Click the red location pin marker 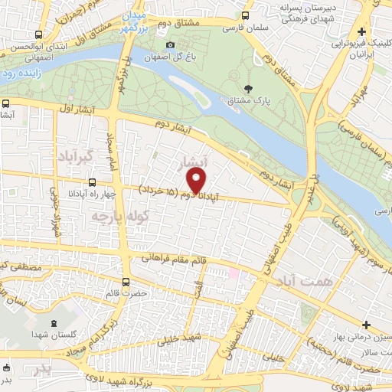pyautogui.click(x=197, y=180)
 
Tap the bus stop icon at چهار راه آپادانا pyautogui.click(x=93, y=182)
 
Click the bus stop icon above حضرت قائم pyautogui.click(x=126, y=281)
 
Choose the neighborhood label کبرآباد pyautogui.click(x=73, y=155)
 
